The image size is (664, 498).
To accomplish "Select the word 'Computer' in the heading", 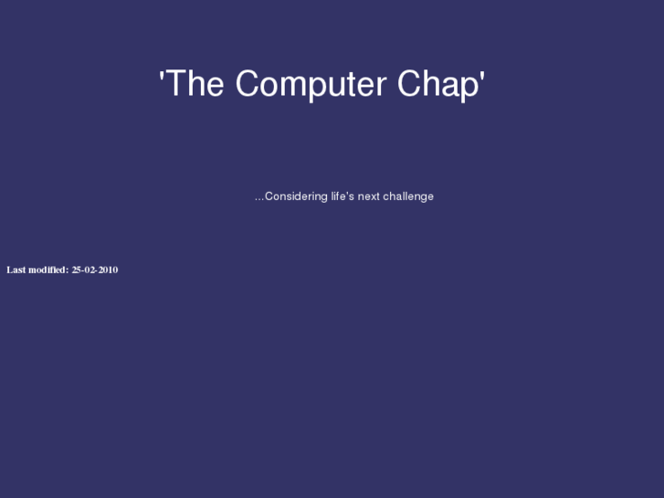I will tap(311, 85).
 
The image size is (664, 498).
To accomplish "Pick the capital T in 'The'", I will tap(174, 84).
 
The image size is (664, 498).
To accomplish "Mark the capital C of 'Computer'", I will tap(248, 84).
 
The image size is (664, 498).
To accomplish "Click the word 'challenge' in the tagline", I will tap(408, 196).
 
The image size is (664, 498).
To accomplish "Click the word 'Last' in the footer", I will tap(16, 270).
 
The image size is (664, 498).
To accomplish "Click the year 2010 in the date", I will tap(108, 270).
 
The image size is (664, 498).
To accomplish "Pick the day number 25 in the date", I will tap(77, 270).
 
